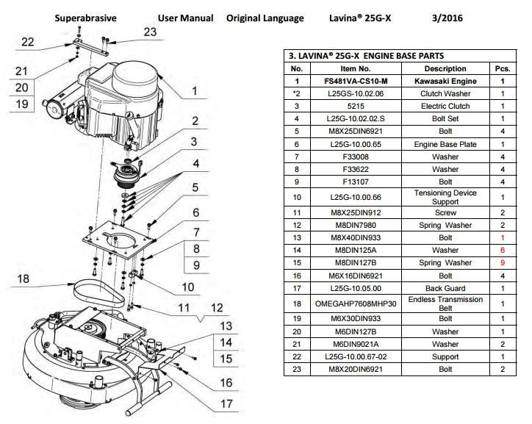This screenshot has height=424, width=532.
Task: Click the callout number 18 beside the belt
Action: coord(23,279)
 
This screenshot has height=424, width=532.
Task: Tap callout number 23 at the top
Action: coord(150,32)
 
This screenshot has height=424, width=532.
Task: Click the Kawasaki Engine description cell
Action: coord(445,82)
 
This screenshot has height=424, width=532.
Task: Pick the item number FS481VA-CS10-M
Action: coord(356,82)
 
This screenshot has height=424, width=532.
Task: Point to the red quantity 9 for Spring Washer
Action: coord(503,263)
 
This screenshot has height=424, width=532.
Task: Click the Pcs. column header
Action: coord(503,69)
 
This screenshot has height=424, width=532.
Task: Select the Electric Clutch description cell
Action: coord(445,106)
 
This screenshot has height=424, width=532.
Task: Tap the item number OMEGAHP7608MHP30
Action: coord(356,303)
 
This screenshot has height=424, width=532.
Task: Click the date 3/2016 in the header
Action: coord(447,18)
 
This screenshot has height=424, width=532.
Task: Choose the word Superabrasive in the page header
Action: coord(85,18)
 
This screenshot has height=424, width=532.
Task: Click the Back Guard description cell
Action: coord(445,288)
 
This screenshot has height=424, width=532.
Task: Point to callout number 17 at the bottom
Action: coord(226,403)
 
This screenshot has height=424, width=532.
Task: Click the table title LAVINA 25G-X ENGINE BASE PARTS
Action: coord(366,56)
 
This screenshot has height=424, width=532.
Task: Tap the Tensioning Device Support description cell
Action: coord(445,197)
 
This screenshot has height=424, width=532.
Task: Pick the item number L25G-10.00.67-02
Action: coord(356,357)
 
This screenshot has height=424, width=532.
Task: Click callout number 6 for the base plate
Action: coord(195,212)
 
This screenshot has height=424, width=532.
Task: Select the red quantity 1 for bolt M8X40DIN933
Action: coord(503,238)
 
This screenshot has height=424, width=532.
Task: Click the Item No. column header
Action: coord(356,69)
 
